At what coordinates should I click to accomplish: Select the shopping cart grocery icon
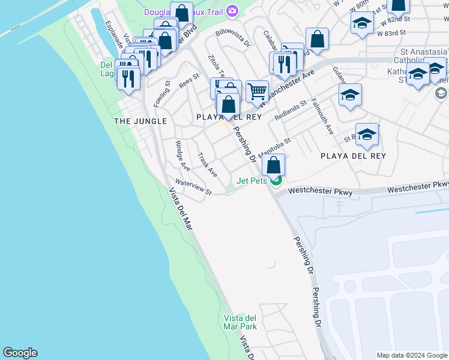(257, 92)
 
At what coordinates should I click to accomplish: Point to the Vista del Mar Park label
(240, 322)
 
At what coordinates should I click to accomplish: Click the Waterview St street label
(193, 188)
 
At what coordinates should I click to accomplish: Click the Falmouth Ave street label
(322, 116)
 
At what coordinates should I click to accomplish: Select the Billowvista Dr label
(232, 38)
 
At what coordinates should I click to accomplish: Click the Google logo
(20, 353)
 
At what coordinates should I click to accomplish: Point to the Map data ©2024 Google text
(412, 355)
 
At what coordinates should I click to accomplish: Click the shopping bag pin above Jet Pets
(273, 164)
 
